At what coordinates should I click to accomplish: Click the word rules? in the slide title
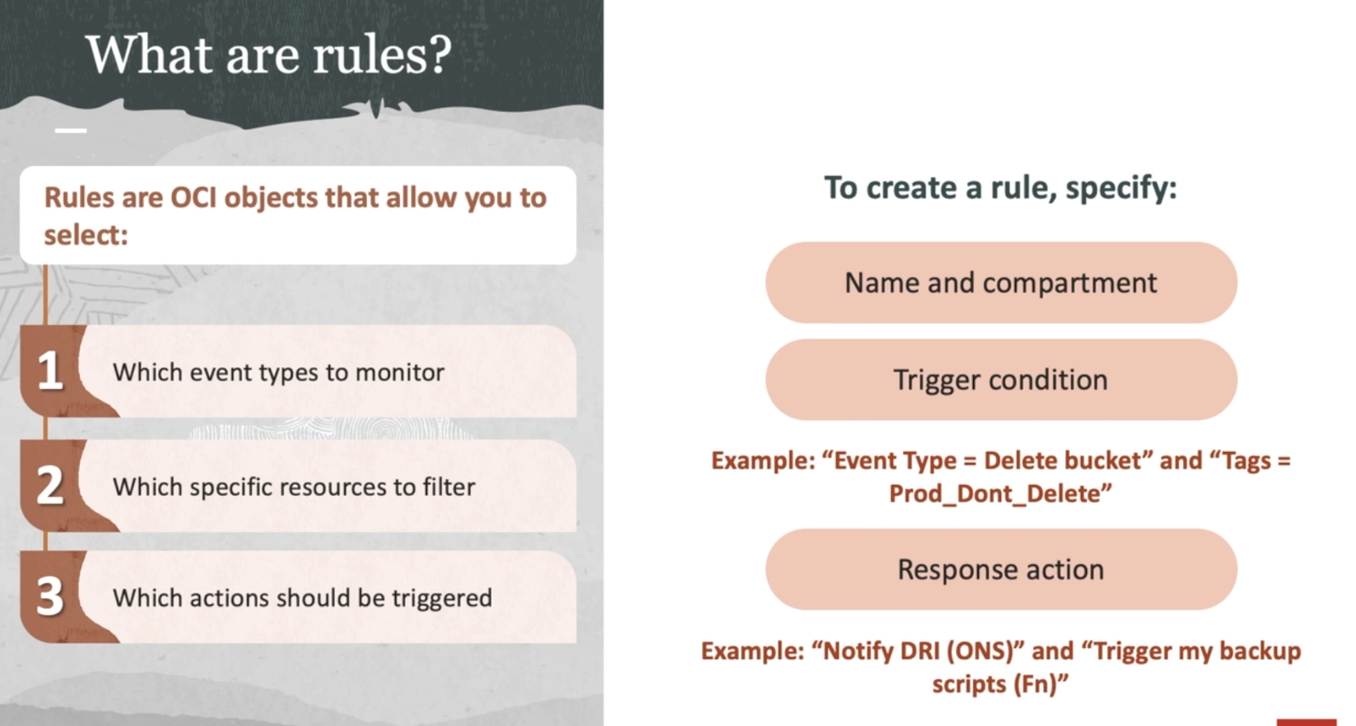(382, 54)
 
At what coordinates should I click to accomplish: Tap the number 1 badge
(49, 370)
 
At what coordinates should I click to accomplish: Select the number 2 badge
(49, 485)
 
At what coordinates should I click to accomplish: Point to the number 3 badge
(49, 596)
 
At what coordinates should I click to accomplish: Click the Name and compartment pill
(1001, 283)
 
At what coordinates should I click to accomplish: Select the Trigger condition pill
(1001, 380)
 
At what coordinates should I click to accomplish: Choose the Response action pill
(1001, 569)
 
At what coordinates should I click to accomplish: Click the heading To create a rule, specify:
(1001, 187)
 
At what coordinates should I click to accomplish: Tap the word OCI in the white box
(194, 197)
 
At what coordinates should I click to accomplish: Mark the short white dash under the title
(71, 130)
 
